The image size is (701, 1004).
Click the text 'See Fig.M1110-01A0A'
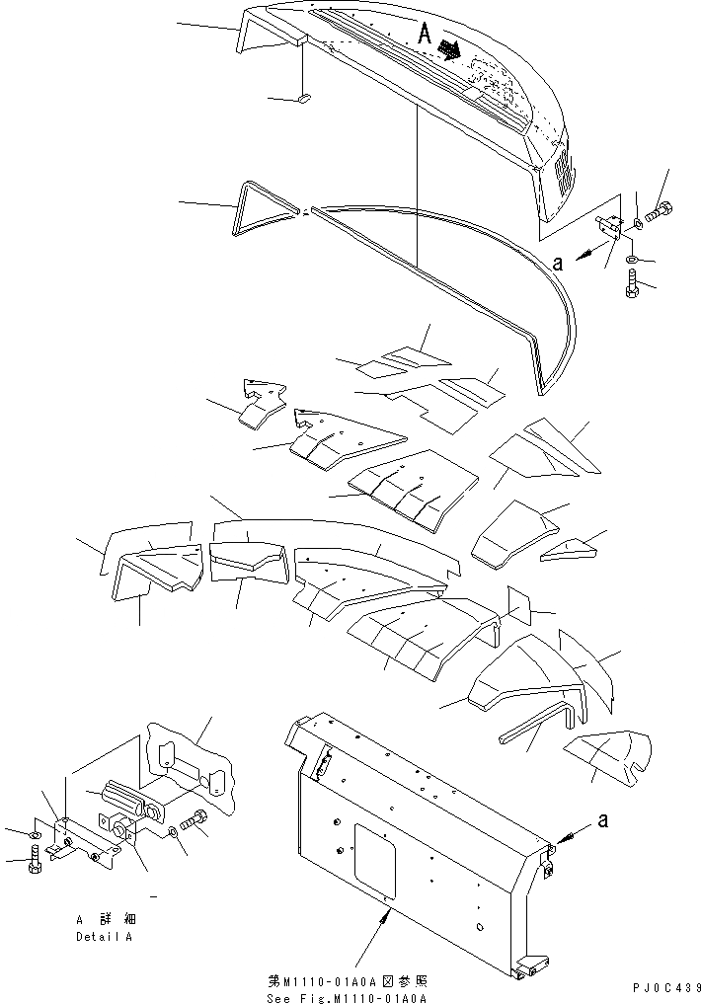348,998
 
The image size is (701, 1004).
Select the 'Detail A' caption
104,936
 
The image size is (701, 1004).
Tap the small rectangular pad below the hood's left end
304,98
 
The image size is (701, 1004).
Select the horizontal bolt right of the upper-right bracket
659,211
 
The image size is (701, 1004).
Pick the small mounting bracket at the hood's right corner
609,230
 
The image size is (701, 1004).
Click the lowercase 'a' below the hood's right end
558,264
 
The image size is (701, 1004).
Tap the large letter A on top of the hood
425,34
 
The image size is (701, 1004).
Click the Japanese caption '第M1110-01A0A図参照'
348,981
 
